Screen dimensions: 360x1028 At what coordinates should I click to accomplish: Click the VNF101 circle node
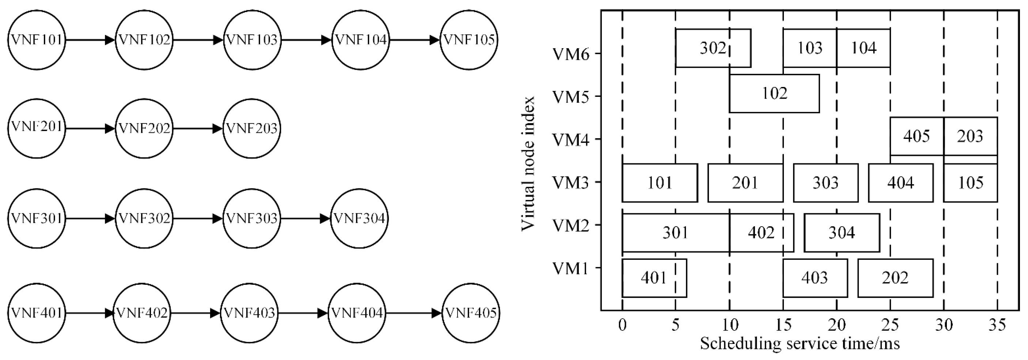36,40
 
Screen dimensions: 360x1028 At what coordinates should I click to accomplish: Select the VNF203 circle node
251,129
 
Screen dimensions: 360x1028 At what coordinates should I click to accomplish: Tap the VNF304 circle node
359,219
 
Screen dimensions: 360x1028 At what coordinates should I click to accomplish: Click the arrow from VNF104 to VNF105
415,40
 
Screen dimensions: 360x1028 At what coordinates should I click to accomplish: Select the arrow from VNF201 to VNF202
90,129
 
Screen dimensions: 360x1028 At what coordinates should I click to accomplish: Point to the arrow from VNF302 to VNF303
198,219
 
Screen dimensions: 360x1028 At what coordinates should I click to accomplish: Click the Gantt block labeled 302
713,48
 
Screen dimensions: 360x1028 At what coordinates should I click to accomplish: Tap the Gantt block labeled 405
916,136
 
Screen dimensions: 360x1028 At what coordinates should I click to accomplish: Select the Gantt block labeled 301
675,233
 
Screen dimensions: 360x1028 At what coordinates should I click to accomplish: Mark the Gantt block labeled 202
895,278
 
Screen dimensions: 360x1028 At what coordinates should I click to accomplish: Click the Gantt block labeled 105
970,183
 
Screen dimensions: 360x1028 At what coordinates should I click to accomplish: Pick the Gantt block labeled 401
654,278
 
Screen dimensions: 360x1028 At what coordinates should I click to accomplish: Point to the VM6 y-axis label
571,54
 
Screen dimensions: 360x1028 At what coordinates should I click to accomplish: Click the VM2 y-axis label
571,226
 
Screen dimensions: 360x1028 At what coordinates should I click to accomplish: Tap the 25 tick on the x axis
890,326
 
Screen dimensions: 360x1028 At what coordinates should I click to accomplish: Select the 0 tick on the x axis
622,326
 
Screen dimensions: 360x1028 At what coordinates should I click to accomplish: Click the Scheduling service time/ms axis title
800,344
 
